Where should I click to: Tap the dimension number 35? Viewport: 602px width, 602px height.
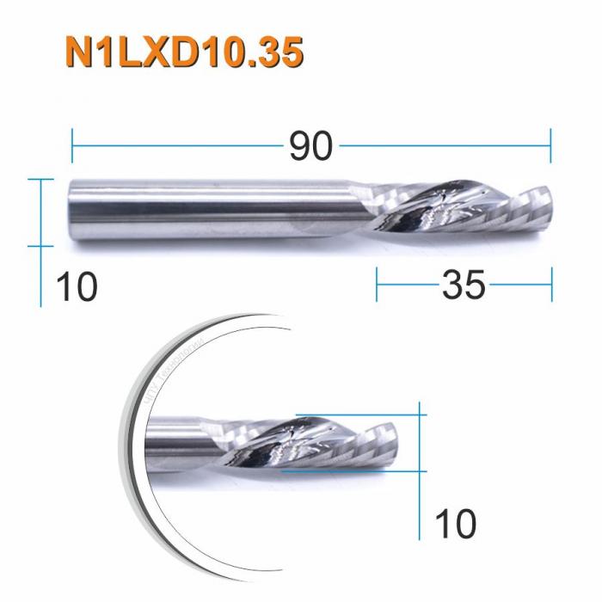(464, 284)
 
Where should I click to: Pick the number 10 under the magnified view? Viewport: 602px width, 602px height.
(454, 523)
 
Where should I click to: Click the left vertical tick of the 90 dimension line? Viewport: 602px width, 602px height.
(72, 146)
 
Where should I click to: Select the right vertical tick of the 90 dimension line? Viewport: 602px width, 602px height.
(550, 146)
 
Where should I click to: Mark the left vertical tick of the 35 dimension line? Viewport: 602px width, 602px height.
(377, 284)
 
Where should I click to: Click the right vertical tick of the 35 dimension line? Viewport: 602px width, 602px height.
(551, 284)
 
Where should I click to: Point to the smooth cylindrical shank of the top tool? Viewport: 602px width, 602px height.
(206, 212)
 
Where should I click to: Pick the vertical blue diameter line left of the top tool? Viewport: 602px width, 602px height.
(41, 241)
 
